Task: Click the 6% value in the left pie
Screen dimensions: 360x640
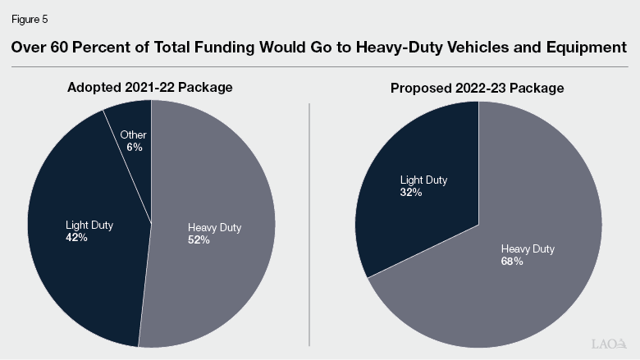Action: [x=135, y=147]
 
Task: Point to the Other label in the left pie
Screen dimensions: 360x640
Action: [x=134, y=135]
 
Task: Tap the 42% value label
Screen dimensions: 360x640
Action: [x=77, y=237]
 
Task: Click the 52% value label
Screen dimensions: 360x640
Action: [x=199, y=240]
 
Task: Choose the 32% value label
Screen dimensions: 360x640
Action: [x=411, y=192]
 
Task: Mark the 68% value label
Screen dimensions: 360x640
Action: [x=511, y=261]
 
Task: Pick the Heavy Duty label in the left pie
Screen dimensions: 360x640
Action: [x=214, y=228]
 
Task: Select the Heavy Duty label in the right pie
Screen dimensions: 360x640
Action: [x=527, y=248]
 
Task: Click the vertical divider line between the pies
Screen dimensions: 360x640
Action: [x=309, y=221]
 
